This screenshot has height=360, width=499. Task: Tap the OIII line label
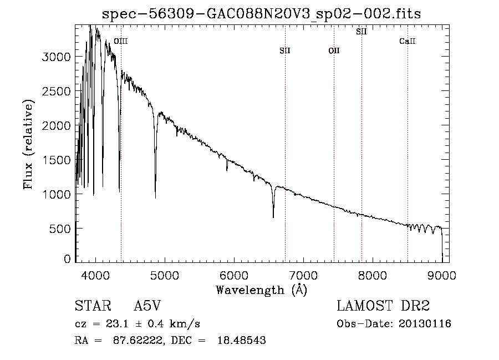click(120, 41)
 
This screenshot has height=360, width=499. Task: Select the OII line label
click(334, 51)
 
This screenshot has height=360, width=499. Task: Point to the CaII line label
click(408, 42)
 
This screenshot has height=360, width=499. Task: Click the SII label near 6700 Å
click(285, 51)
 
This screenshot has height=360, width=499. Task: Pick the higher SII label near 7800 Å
click(361, 32)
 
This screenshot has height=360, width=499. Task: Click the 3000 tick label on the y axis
click(57, 57)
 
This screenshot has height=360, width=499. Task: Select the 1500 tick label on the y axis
click(57, 160)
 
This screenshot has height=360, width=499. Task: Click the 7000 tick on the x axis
click(303, 275)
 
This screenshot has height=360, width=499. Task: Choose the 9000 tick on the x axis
click(442, 275)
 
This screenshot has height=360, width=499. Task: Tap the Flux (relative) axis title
click(28, 144)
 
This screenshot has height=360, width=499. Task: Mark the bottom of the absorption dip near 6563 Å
click(273, 217)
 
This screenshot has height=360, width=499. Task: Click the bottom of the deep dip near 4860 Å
click(155, 197)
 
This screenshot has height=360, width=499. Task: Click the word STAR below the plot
click(90, 306)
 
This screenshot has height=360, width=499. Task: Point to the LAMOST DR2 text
click(383, 306)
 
